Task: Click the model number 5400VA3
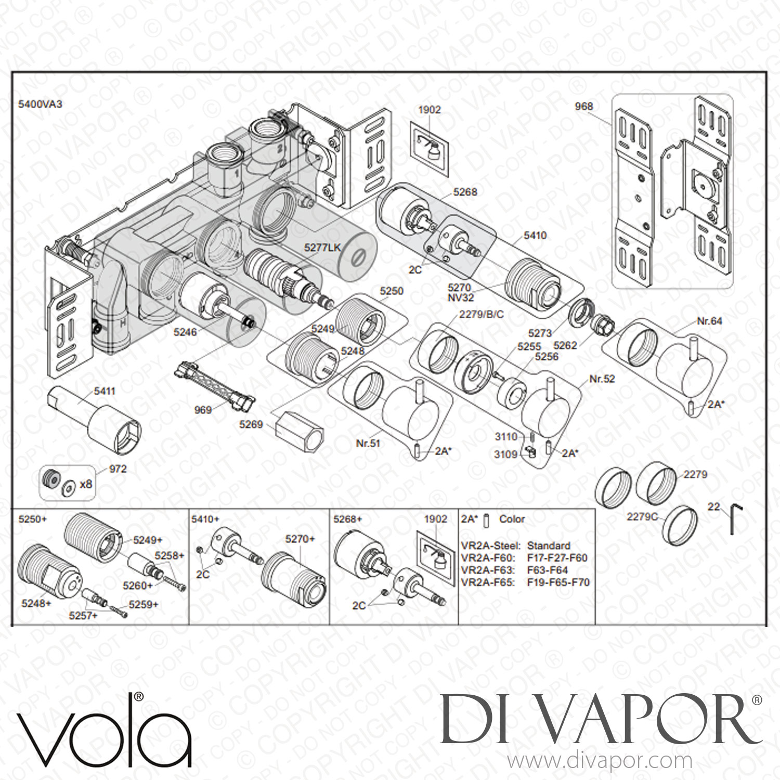click(x=40, y=104)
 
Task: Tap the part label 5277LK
click(x=323, y=248)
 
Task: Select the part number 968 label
click(x=583, y=106)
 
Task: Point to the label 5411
click(x=105, y=391)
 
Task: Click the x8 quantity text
click(x=86, y=484)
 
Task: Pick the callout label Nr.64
click(x=710, y=321)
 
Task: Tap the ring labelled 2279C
click(x=680, y=523)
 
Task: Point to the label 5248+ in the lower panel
click(x=36, y=603)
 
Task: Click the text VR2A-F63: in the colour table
click(x=488, y=570)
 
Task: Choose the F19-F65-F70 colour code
click(x=558, y=582)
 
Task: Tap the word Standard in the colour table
click(x=549, y=545)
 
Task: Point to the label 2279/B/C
click(x=481, y=315)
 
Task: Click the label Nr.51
click(x=368, y=443)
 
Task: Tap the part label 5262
click(x=565, y=345)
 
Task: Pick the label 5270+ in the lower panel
click(x=300, y=539)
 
